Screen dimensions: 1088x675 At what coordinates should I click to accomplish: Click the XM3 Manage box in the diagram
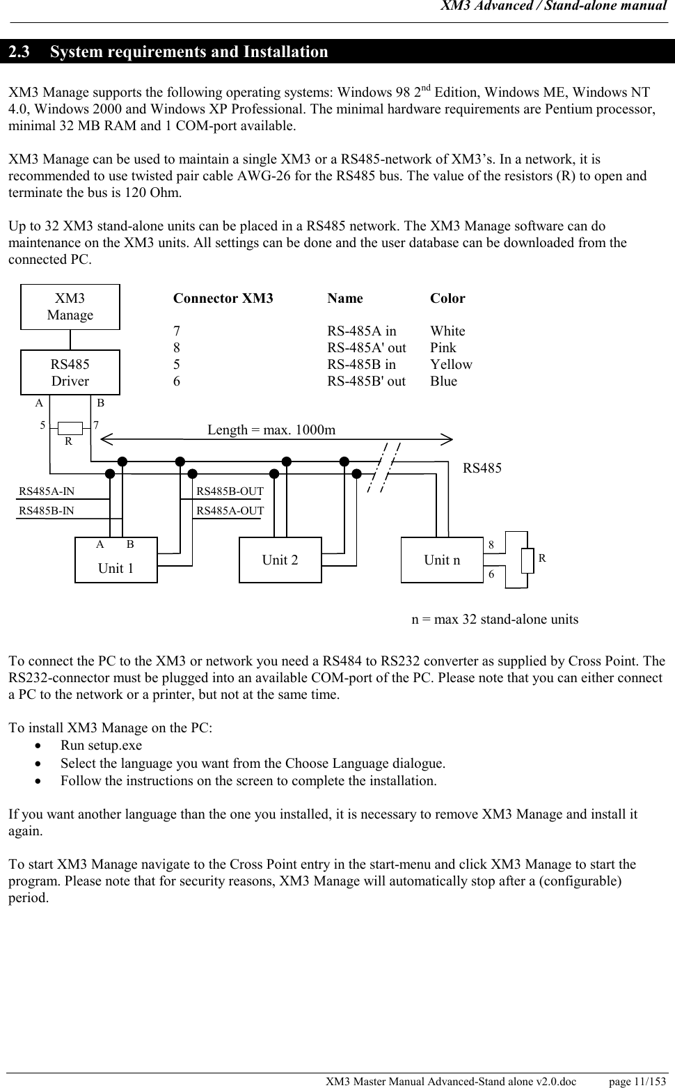click(x=70, y=307)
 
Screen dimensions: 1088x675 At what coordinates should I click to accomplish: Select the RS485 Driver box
click(x=70, y=372)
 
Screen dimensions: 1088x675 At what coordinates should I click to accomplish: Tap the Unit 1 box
click(x=116, y=560)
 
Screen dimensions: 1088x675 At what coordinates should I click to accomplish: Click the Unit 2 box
click(x=280, y=560)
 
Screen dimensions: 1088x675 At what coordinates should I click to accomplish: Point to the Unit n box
click(x=442, y=560)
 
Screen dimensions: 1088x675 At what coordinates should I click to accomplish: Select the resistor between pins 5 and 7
click(x=70, y=427)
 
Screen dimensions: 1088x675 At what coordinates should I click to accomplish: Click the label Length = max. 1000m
click(x=271, y=429)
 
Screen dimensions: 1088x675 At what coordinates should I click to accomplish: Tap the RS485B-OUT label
click(x=230, y=491)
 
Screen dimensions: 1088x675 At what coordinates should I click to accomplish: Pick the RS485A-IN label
click(x=47, y=491)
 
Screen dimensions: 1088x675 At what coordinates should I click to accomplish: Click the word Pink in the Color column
click(x=443, y=348)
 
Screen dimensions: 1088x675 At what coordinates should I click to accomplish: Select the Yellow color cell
click(x=451, y=365)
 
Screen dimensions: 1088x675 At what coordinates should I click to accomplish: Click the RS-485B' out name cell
click(x=367, y=381)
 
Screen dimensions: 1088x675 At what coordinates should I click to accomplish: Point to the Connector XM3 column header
click(x=223, y=299)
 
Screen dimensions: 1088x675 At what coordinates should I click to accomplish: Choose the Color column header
click(x=447, y=299)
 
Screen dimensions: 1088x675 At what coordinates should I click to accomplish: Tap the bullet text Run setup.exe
click(x=101, y=746)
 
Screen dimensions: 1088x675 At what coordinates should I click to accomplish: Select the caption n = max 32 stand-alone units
click(x=495, y=620)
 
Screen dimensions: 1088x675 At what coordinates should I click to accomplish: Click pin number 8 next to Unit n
click(x=491, y=545)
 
